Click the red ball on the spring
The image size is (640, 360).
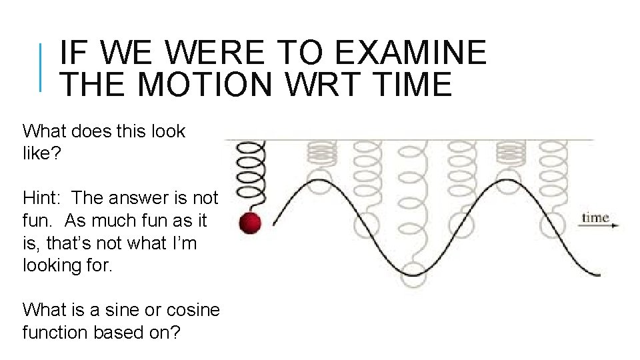251,222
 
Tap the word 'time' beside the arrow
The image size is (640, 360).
595,217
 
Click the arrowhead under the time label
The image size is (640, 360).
615,226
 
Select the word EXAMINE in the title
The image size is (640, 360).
411,52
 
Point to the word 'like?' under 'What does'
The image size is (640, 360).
41,153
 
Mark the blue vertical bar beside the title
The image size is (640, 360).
41,67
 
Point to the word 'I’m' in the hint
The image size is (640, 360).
183,243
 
